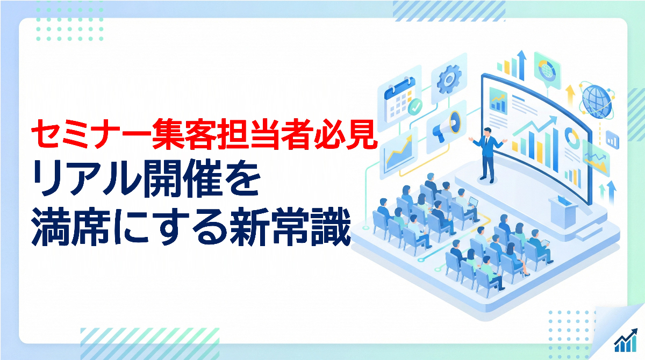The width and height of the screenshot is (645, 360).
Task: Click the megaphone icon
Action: tap(446, 126)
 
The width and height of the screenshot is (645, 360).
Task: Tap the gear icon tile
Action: tap(449, 78)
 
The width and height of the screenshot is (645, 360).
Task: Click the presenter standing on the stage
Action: tap(488, 155)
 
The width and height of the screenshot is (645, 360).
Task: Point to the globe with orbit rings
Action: tap(597, 100)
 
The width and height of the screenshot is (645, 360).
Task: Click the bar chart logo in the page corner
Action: tap(626, 341)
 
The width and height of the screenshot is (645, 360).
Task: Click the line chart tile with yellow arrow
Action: tap(399, 153)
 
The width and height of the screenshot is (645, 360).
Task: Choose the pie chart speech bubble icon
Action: tap(547, 71)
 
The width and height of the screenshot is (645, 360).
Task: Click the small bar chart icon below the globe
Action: tap(612, 140)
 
